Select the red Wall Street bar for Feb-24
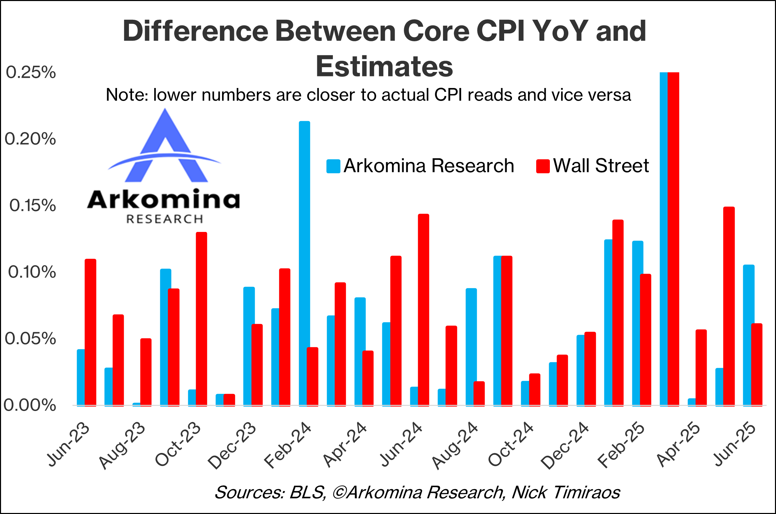(312, 377)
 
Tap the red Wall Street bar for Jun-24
(423, 310)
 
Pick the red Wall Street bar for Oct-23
(201, 319)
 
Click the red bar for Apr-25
(701, 368)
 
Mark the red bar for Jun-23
(90, 332)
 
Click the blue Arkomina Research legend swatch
(333, 166)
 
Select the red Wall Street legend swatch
(543, 166)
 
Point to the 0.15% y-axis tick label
(32, 206)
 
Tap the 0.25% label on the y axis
(31, 73)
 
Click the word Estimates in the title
(384, 66)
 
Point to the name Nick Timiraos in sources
(566, 492)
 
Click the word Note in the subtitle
(127, 95)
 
